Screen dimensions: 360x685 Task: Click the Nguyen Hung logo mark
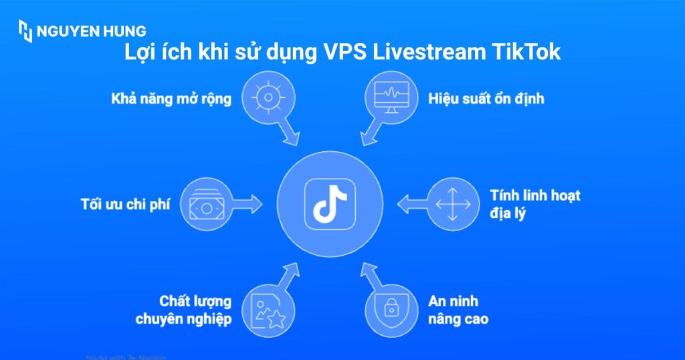tap(25, 31)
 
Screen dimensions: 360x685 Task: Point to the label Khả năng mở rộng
tap(171, 99)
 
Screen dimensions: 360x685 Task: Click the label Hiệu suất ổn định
tap(486, 99)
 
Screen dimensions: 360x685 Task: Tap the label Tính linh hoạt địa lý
tap(534, 204)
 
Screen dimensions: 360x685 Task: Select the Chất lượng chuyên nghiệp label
tap(183, 310)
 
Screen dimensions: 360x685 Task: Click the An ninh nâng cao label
tap(458, 310)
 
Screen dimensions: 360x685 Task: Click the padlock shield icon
tap(392, 308)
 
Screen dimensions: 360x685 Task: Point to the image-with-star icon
tap(268, 310)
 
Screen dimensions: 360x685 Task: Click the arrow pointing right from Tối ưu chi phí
tap(247, 204)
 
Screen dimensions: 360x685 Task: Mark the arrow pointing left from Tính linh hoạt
tap(411, 203)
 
